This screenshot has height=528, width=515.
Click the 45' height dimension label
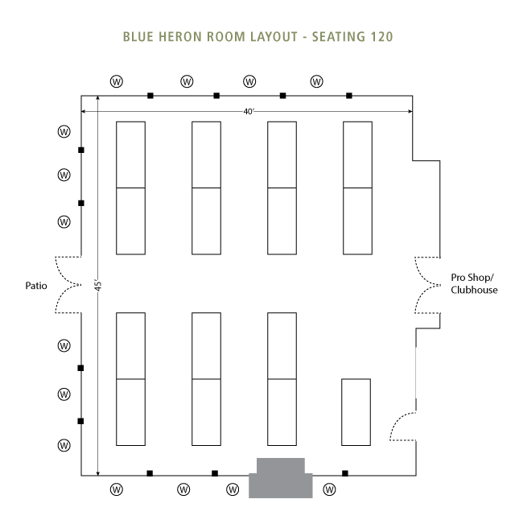click(x=97, y=286)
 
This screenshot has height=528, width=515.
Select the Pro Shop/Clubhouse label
click(x=474, y=284)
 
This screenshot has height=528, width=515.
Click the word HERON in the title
click(x=177, y=37)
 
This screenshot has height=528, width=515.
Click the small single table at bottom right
click(x=356, y=411)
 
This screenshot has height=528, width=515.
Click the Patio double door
click(x=68, y=285)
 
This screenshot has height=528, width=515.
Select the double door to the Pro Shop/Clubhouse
click(x=426, y=285)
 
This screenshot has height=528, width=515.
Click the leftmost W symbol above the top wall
click(x=116, y=81)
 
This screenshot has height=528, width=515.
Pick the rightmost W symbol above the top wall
click(x=317, y=81)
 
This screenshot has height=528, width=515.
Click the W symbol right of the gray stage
click(x=329, y=489)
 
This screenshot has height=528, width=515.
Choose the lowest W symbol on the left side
click(x=64, y=445)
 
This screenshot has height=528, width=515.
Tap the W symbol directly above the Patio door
click(x=64, y=221)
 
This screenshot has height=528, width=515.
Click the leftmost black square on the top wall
click(x=150, y=96)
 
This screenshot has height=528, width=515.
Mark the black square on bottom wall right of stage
click(x=345, y=473)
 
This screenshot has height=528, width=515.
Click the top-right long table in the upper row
click(x=357, y=187)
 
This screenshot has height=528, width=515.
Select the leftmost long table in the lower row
click(x=130, y=378)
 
